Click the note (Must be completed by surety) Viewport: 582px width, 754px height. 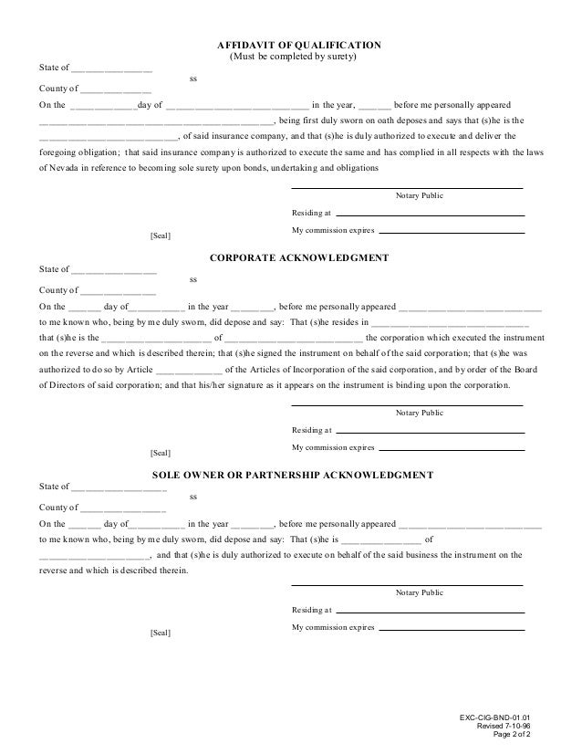pos(291,58)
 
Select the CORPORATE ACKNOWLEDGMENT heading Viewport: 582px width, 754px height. pos(299,258)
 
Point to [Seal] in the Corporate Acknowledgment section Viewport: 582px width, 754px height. pos(160,452)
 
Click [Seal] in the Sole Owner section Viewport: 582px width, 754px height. pos(160,633)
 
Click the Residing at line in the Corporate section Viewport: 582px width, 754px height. pos(431,431)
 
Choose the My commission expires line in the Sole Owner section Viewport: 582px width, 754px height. pos(452,629)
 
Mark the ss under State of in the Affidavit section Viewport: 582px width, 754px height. pos(192,79)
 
